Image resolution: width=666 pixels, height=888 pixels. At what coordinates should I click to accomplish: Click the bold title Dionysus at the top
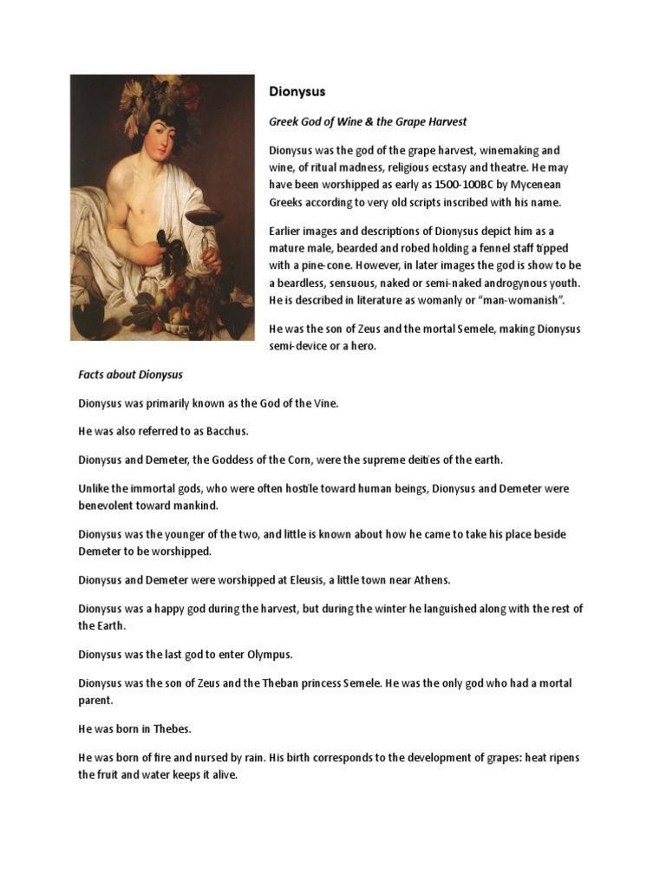click(x=297, y=90)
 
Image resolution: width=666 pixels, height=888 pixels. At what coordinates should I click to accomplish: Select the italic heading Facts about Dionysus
click(x=131, y=375)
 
